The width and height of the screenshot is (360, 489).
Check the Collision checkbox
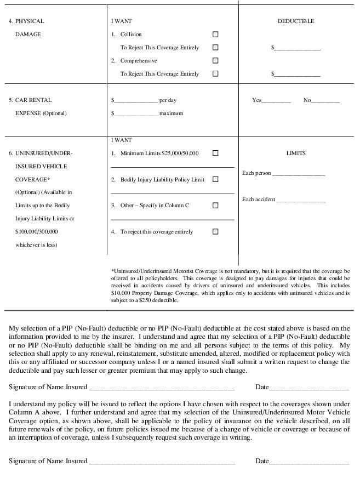215,35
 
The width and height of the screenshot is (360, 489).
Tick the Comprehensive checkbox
215,61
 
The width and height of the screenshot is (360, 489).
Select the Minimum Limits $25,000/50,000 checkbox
215,153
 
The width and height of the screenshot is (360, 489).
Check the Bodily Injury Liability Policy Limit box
215,179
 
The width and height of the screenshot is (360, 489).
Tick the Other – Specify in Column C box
215,206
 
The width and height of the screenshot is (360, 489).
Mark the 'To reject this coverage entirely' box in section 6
215,232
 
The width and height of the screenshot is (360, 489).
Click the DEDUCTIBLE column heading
296,21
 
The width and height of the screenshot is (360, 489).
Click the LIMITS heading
296,153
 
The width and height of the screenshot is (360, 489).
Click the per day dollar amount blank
135,101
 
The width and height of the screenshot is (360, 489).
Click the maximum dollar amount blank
135,114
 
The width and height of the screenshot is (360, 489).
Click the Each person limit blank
299,174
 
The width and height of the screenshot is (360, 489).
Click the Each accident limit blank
301,200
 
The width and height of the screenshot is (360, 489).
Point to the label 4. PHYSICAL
26,21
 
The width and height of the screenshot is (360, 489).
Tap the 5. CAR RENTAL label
30,100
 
